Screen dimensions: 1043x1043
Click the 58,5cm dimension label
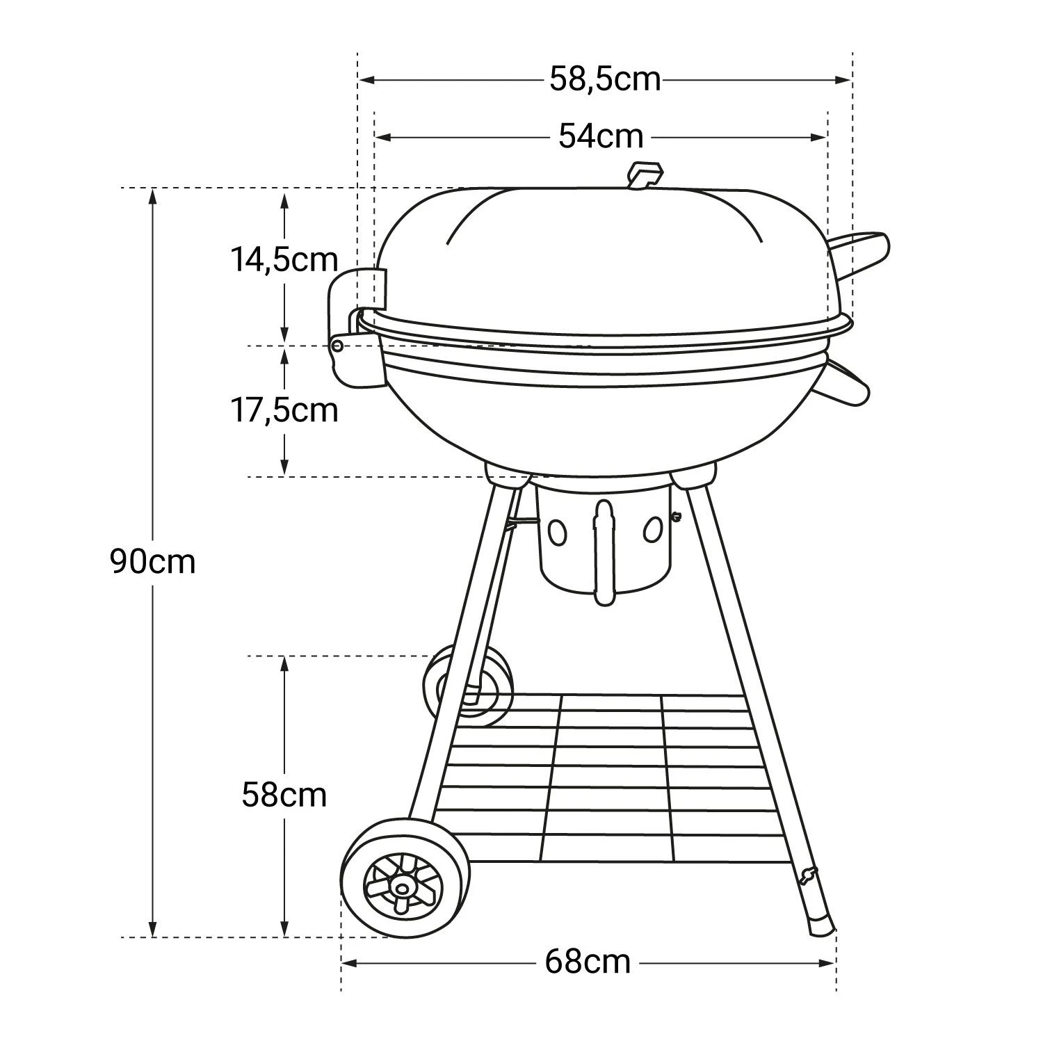pos(604,79)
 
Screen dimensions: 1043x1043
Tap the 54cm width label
pos(601,136)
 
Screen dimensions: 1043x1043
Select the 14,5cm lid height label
pos(284,260)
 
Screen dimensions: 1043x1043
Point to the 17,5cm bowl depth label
pos(284,410)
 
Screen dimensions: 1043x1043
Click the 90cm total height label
pos(153,561)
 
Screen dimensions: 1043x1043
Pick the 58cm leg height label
pos(284,794)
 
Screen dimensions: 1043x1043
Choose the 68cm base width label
pos(588,963)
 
